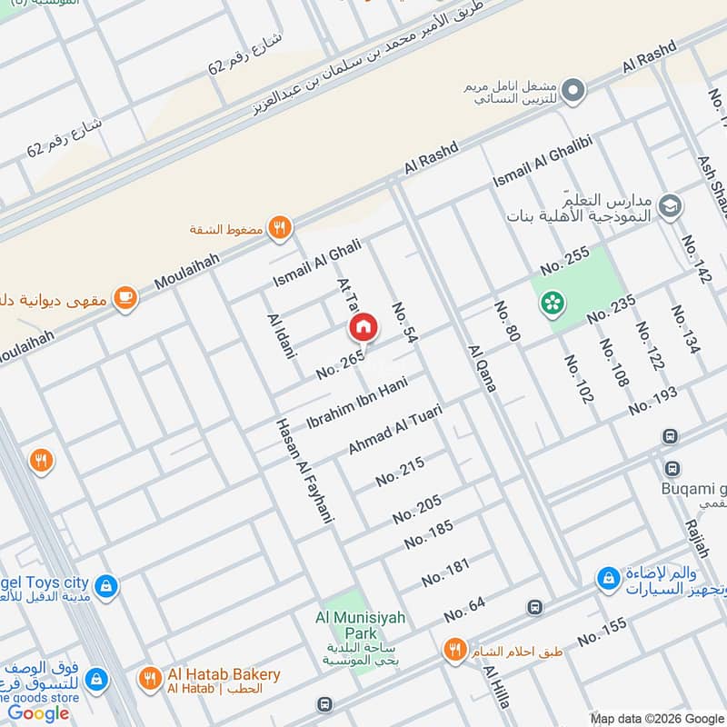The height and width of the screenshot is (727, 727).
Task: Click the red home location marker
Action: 362,327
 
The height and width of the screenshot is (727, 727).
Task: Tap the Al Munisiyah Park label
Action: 362,619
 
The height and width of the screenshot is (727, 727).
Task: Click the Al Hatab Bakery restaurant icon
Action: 148,678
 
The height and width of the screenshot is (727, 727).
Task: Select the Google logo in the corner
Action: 39,713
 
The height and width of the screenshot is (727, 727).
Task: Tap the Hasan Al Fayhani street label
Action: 304,471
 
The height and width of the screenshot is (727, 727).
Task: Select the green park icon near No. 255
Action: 551,304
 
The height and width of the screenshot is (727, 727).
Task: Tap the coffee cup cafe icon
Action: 125,298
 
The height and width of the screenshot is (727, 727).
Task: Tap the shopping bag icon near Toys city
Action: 107,585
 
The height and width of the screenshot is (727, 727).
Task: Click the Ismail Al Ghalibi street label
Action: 543,163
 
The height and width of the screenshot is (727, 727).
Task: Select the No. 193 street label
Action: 652,400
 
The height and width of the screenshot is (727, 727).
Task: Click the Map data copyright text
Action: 656,717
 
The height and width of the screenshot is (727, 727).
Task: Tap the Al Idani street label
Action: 282,335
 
